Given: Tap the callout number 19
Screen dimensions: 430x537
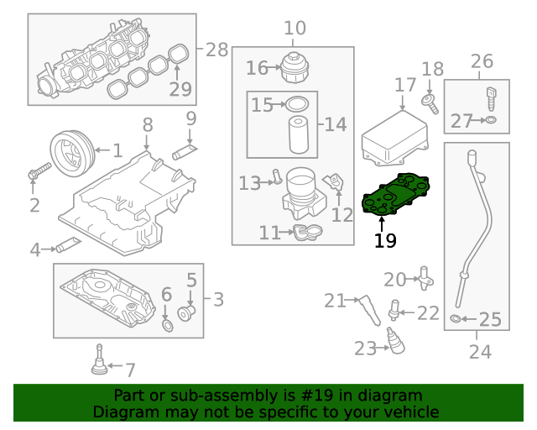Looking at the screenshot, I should (385, 241).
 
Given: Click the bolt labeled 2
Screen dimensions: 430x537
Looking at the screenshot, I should (38, 173).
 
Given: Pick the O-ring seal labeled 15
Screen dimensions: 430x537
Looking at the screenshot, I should (296, 104).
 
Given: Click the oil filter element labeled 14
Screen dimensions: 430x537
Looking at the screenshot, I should (299, 134).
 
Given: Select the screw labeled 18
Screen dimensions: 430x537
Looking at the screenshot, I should (430, 103).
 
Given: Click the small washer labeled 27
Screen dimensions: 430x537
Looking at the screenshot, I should (491, 122).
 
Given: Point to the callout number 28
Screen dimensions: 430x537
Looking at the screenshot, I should (216, 50).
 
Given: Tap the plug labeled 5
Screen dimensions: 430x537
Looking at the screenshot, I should (188, 314).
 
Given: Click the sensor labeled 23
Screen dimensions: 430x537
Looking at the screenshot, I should (391, 341).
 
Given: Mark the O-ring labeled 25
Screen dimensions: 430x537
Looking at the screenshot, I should (455, 319).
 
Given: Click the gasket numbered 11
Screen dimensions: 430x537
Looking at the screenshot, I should (306, 232).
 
